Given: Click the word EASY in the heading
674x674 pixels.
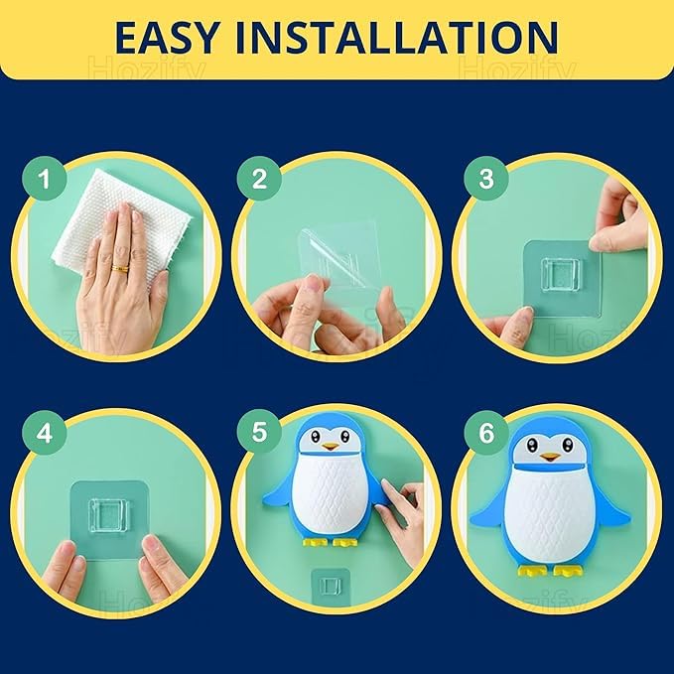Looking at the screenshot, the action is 167,37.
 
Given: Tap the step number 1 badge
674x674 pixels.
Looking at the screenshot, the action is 45,178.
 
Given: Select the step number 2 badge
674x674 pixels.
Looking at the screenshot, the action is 260,178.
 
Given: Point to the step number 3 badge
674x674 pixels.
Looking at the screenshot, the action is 486,178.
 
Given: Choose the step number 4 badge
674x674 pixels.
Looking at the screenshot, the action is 45,432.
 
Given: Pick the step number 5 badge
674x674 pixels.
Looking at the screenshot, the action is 260,432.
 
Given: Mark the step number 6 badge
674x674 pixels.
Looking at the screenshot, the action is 486,432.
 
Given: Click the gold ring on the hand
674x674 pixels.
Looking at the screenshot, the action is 120,269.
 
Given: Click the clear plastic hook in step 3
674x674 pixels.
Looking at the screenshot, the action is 560,274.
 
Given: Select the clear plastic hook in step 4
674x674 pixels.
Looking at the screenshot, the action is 107,514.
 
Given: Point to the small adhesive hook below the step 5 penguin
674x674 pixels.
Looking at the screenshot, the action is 331,586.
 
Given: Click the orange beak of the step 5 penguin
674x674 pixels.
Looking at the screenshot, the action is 331,447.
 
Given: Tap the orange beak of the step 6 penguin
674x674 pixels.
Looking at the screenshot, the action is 550,457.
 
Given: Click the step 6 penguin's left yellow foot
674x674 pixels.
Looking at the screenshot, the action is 533,571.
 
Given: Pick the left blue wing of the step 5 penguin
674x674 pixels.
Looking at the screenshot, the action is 280,491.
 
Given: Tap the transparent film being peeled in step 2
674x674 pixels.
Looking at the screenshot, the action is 339,258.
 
